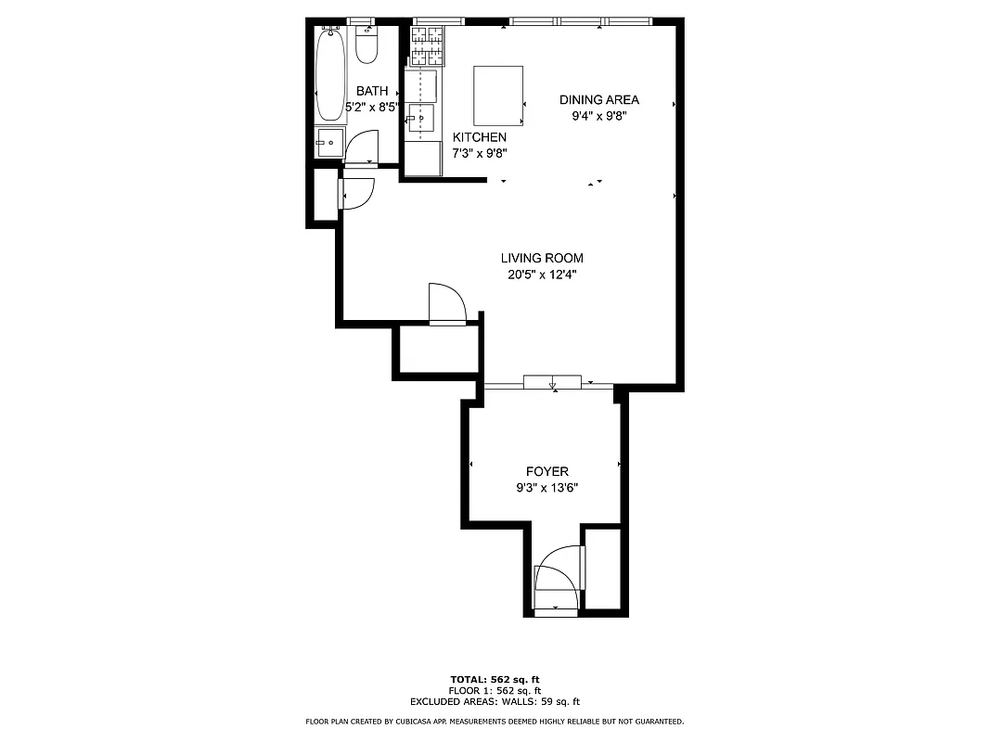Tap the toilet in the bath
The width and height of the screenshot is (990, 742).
tap(367, 45)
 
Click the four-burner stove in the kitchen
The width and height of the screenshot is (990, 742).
tap(428, 45)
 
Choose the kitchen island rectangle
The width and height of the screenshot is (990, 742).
tap(498, 95)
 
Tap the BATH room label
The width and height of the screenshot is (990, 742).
tap(372, 91)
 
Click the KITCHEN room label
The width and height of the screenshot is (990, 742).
tap(479, 137)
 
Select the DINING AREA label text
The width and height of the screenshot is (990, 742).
tap(598, 100)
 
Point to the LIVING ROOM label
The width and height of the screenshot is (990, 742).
tap(543, 258)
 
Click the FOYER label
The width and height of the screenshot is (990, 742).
tap(546, 472)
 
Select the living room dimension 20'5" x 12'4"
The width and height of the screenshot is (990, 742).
tap(543, 274)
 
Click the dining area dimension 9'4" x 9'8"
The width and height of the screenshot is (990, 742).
tap(598, 116)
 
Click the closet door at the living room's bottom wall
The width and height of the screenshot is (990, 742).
tap(447, 303)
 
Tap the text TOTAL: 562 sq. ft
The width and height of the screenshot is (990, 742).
tap(494, 679)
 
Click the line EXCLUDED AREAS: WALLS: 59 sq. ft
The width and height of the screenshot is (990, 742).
tap(495, 702)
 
